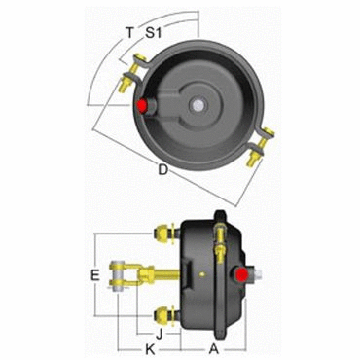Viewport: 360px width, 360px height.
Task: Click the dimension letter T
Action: point(129,33)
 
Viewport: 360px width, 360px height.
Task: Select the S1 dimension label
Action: point(153,33)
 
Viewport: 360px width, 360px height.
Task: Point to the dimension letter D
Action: point(163,169)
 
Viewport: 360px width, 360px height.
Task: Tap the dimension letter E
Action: point(94,275)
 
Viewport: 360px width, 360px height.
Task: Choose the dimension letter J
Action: point(160,334)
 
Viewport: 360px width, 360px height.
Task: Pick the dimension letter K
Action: point(150,349)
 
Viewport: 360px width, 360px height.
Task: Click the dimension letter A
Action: point(214,349)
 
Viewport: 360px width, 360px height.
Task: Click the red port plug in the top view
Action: point(142,105)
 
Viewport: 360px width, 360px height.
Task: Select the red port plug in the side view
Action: point(242,274)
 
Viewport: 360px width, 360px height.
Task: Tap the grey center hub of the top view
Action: point(196,105)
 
